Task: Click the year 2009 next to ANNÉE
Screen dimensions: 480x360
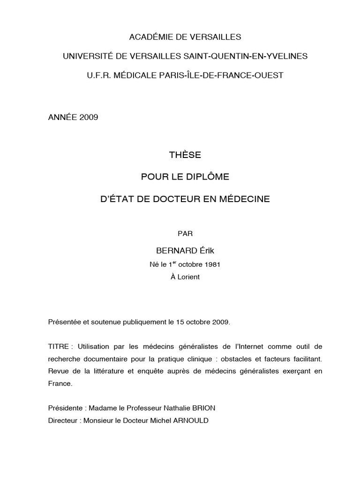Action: [89, 117]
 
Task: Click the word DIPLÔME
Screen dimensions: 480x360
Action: [207, 177]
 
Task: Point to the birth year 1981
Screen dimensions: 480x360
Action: [212, 264]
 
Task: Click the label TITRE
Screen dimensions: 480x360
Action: [58, 346]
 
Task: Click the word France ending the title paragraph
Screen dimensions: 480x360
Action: [60, 383]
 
